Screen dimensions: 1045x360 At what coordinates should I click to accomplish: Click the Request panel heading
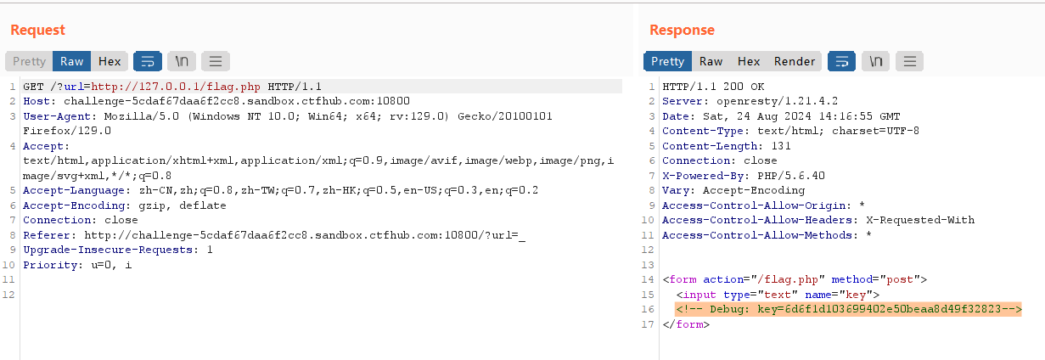(x=37, y=31)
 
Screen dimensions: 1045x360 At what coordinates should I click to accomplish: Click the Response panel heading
(x=682, y=31)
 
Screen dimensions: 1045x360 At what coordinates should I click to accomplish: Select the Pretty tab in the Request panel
(x=29, y=61)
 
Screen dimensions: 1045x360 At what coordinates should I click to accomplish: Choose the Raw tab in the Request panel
(x=71, y=61)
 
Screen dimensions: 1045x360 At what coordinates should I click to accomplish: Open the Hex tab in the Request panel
(x=110, y=61)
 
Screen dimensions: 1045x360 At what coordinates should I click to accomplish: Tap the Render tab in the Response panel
(x=794, y=61)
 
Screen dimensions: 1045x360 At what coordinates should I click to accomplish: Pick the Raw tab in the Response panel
(x=711, y=61)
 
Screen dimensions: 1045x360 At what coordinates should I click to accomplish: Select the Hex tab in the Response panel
(x=749, y=61)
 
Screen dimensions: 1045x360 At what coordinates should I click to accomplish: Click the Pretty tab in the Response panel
(x=667, y=61)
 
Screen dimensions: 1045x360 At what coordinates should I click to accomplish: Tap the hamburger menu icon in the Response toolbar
(x=909, y=61)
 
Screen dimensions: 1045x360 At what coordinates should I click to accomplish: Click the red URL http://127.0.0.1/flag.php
(x=176, y=87)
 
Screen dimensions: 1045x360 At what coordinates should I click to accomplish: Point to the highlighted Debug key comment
(x=848, y=309)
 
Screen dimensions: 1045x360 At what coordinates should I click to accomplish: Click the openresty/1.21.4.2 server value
(x=766, y=102)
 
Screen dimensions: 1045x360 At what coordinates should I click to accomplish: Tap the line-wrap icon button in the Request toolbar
(x=147, y=61)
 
